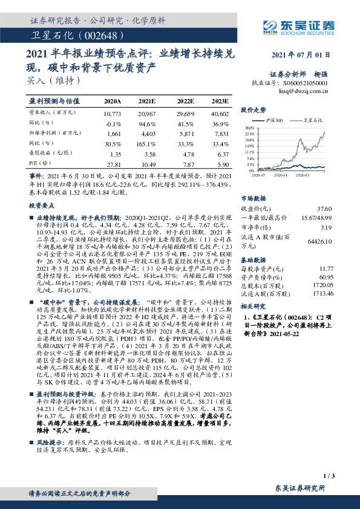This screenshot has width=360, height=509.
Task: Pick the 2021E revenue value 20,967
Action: point(147,114)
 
